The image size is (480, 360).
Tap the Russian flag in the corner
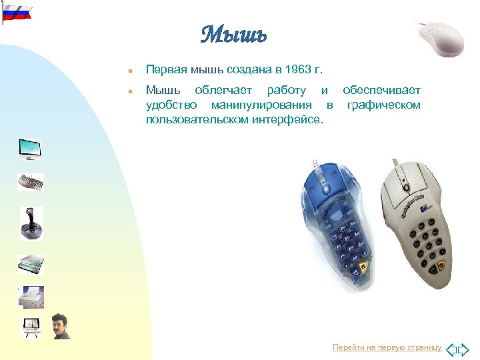tap(17, 12)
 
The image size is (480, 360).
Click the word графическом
tap(384, 105)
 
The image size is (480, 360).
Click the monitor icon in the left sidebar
tap(30, 149)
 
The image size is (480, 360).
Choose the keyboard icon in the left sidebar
tap(31, 182)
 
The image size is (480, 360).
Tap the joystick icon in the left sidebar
tap(31, 223)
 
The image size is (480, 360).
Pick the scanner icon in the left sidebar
tap(31, 264)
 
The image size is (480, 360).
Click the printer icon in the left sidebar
tap(31, 297)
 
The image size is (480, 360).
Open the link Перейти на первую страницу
tap(387, 348)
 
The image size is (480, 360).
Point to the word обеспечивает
tap(382, 90)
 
